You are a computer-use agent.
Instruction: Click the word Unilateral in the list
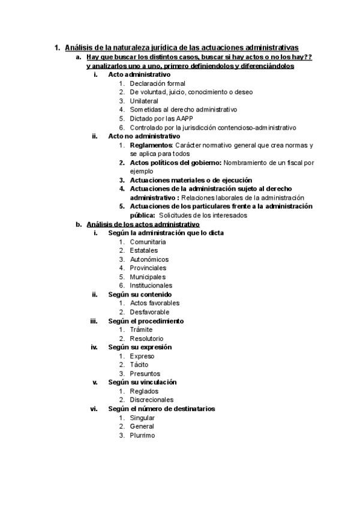[x=144, y=101]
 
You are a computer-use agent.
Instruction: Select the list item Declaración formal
[x=157, y=83]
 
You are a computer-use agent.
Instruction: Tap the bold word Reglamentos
[x=151, y=145]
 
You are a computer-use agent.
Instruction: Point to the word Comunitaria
[x=148, y=242]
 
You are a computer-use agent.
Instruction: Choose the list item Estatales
[x=144, y=250]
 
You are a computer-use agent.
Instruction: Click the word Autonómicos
[x=149, y=259]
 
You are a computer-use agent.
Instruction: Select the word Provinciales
[x=148, y=268]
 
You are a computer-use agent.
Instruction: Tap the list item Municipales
[x=148, y=277]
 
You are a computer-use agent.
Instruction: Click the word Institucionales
[x=151, y=286]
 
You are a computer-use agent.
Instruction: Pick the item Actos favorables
[x=154, y=303]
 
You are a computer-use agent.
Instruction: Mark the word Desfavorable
[x=149, y=312]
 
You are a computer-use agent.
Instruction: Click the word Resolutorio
[x=146, y=339]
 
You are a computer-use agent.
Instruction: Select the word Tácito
[x=139, y=364]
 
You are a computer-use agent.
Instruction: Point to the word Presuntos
[x=145, y=373]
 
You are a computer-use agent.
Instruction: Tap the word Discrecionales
[x=151, y=400]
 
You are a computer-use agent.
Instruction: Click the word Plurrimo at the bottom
[x=142, y=435]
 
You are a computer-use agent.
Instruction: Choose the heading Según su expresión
[x=140, y=347]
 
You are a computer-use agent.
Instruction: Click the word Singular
[x=142, y=417]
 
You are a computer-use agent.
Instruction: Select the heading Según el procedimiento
[x=146, y=321]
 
